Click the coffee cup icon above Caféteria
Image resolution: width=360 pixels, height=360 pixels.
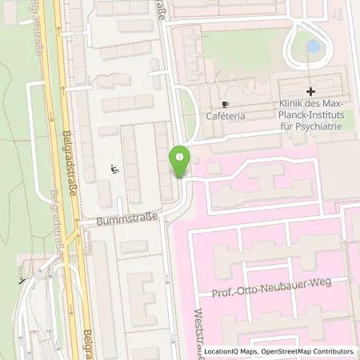[225, 105]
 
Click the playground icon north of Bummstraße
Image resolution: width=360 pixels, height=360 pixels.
[115, 168]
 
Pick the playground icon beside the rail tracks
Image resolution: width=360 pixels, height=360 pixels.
[21, 281]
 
